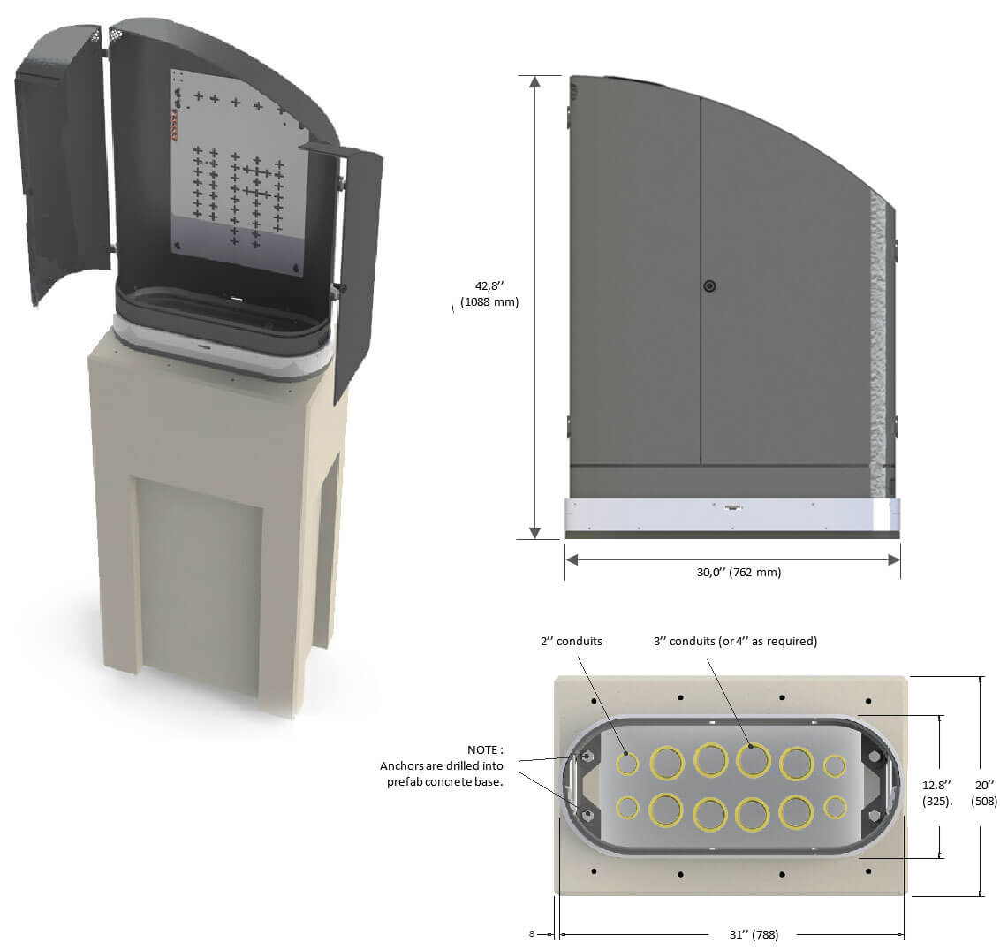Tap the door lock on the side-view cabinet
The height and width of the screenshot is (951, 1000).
(709, 286)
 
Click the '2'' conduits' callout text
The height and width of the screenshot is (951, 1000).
(572, 641)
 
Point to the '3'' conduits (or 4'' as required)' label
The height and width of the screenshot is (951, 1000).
(735, 641)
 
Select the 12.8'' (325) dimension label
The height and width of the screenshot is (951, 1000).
(936, 792)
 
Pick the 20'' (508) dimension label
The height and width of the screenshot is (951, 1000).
(984, 792)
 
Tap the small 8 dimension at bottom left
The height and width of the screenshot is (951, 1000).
(532, 933)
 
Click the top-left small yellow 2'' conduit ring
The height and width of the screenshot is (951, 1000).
(628, 764)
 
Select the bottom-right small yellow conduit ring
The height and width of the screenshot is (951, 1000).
(834, 807)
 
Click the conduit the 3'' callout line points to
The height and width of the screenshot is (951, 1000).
(752, 759)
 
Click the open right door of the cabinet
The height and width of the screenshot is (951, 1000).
(359, 274)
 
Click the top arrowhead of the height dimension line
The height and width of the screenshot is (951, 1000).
(534, 82)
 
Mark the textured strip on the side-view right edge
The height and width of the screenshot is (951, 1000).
(879, 336)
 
